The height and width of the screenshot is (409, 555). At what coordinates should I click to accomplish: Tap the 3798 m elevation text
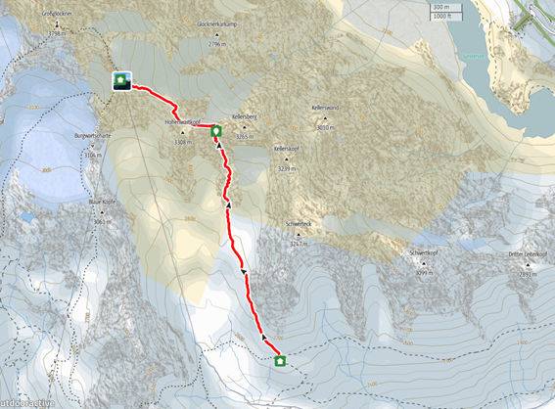pos(55,33)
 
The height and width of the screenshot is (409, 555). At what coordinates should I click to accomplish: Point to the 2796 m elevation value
pos(217,45)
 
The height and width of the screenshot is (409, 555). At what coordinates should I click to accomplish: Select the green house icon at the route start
pos(281,360)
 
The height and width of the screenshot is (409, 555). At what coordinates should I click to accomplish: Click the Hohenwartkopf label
pos(183,122)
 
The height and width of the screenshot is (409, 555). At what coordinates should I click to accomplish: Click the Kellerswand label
pos(326,108)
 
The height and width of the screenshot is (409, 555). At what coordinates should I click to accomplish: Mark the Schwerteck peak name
pos(299,224)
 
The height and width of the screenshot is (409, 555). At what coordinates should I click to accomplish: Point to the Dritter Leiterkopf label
pos(527,254)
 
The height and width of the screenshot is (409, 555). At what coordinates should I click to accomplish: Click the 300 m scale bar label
pos(441,7)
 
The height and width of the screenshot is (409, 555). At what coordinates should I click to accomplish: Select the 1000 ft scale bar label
pos(443,17)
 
